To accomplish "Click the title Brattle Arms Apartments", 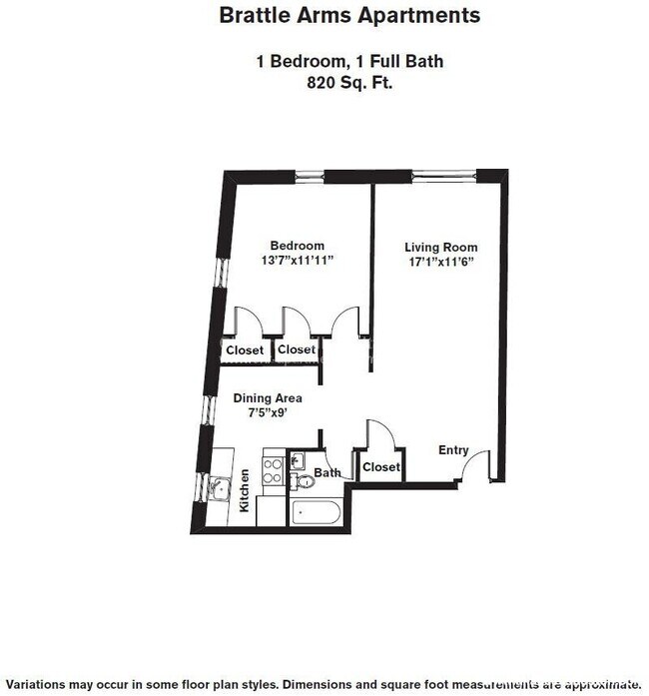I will [x=348, y=16].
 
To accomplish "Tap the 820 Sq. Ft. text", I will [x=348, y=84].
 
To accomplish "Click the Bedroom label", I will [x=298, y=246].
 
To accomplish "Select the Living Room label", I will [x=440, y=247].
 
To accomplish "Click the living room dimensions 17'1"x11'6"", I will [x=440, y=262].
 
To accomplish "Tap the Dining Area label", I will [x=267, y=397].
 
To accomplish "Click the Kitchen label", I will [x=245, y=491].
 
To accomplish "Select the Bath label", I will [x=327, y=473].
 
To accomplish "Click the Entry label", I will [x=453, y=450].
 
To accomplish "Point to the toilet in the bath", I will [x=306, y=481].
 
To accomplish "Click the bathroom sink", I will [x=299, y=460].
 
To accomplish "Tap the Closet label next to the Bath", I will [x=380, y=466].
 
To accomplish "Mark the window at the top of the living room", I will [x=444, y=176].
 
